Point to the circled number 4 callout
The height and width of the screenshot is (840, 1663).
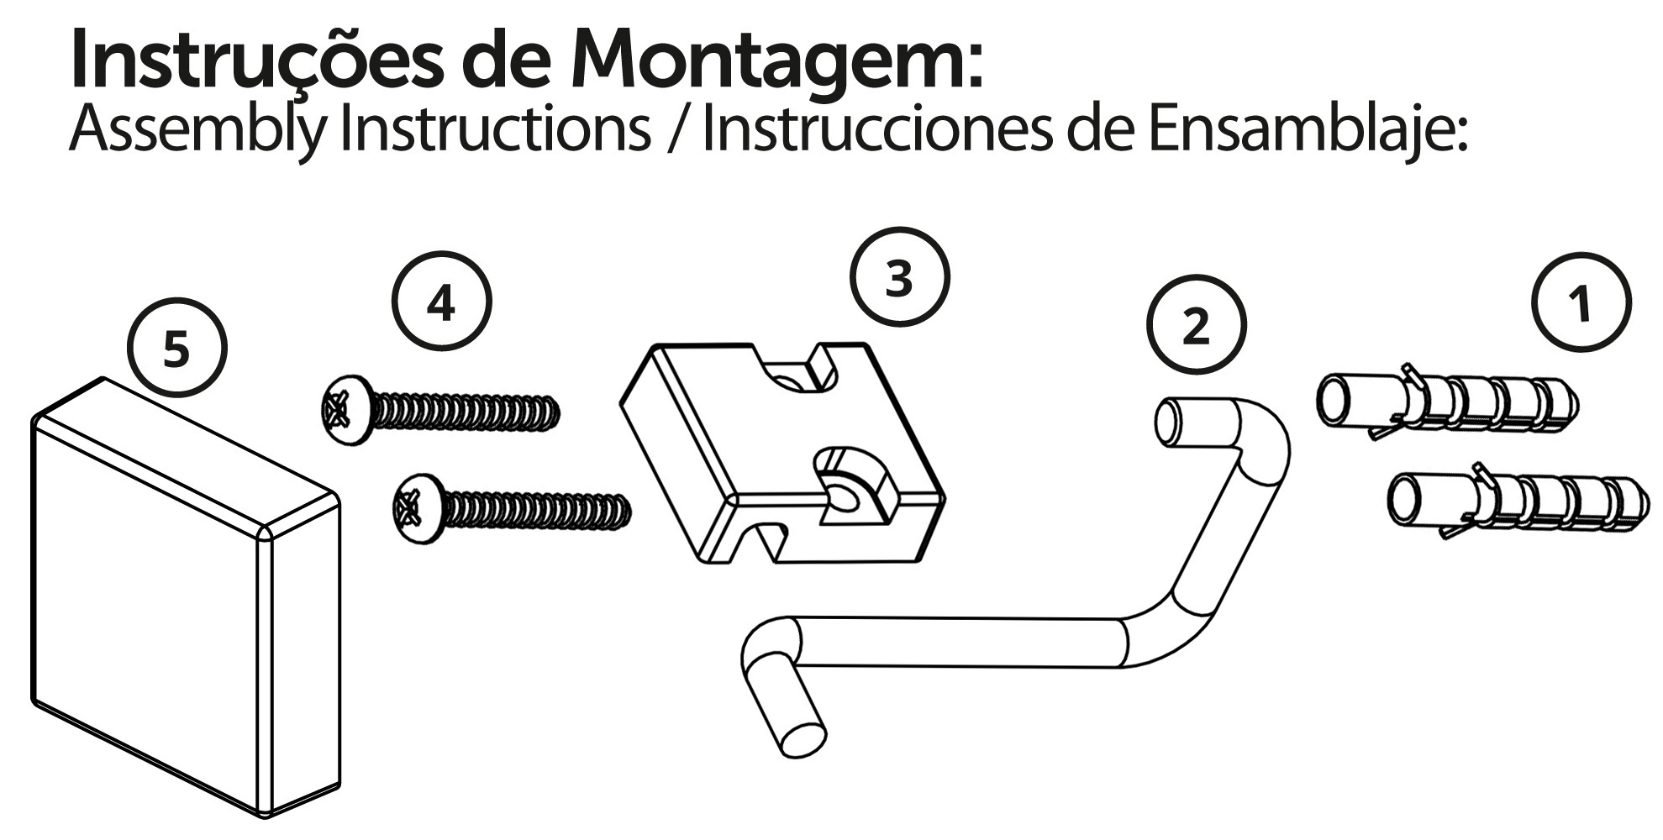point(441,302)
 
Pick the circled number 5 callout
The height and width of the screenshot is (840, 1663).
point(176,348)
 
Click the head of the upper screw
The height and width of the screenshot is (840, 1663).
point(347,411)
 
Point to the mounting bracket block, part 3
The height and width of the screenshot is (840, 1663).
point(782,454)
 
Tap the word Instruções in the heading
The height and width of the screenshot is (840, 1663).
point(254,60)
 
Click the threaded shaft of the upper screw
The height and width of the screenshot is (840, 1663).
point(466,412)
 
